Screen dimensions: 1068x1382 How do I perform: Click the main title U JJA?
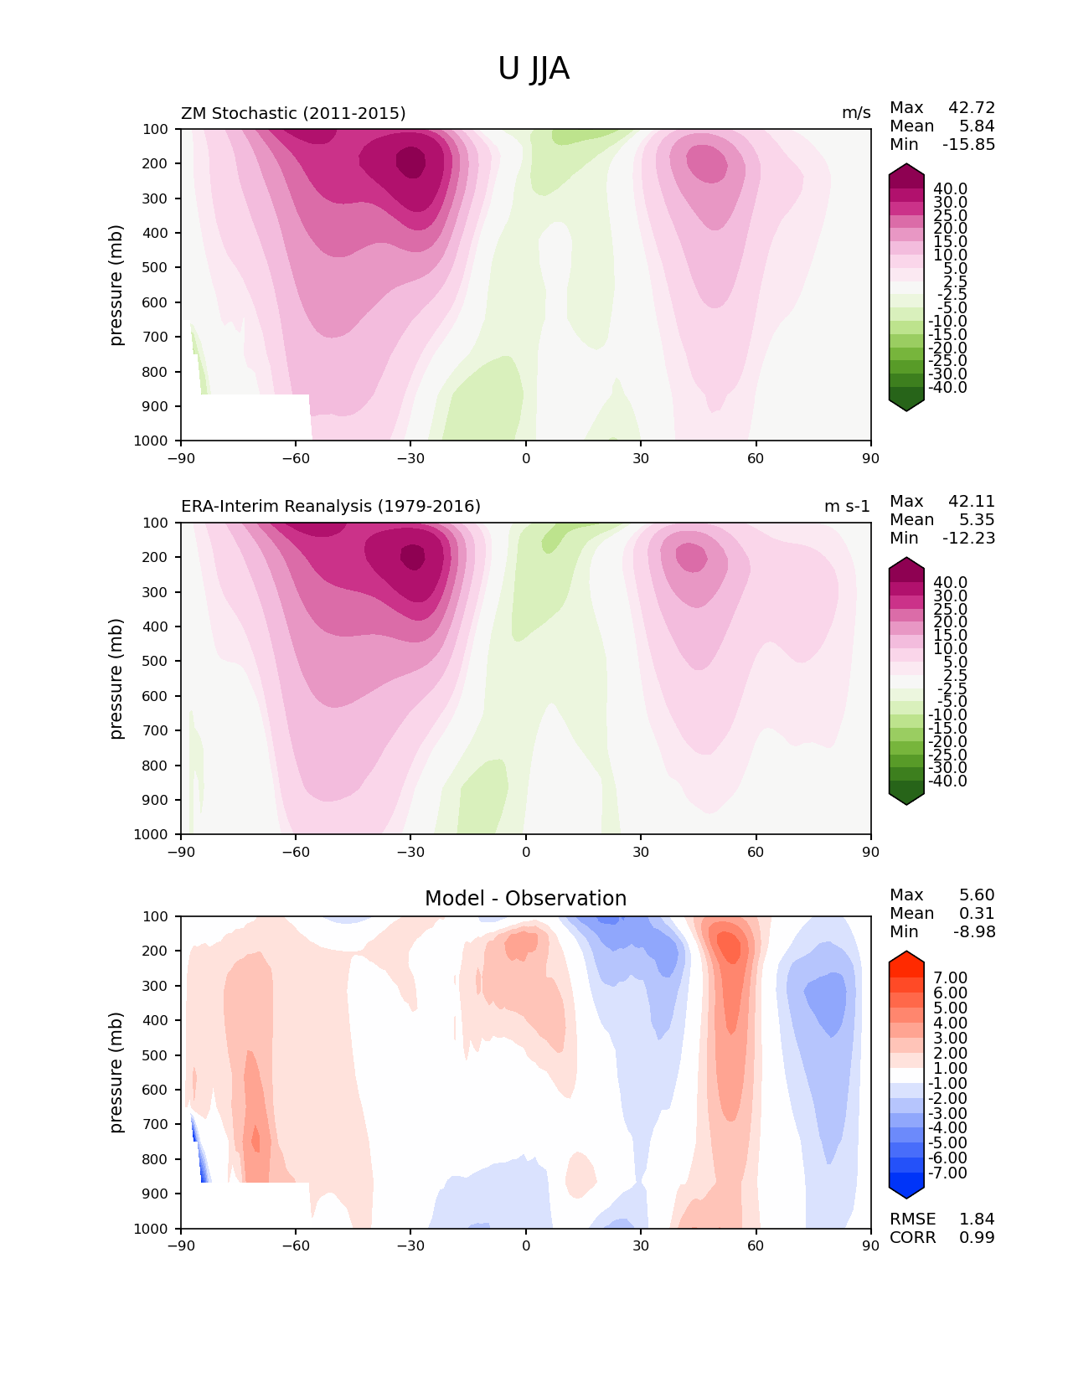533,69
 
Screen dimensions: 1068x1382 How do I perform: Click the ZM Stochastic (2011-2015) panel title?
293,113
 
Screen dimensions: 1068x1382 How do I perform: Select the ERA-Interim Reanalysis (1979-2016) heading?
331,506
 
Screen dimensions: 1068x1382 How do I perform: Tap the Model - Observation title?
525,898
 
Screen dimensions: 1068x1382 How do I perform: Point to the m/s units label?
856,113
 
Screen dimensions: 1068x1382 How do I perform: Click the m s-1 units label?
847,506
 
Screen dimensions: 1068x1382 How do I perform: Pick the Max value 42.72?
972,107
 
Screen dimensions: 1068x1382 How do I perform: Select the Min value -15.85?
969,144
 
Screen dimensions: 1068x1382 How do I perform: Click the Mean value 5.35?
977,519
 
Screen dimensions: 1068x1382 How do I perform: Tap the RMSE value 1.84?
977,1219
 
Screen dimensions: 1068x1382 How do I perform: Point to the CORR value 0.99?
977,1237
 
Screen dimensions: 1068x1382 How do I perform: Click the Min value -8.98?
974,931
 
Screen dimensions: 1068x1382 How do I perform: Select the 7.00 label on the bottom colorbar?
950,977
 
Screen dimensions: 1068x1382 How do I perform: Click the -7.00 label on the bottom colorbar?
947,1173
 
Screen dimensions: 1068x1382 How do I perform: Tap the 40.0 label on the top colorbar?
950,189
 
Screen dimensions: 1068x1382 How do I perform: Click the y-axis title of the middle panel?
115,678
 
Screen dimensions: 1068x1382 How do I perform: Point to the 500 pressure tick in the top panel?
155,267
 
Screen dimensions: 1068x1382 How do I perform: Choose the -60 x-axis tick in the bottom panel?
296,1245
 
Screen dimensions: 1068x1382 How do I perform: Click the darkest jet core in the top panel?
411,162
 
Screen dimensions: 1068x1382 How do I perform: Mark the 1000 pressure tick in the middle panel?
151,833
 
